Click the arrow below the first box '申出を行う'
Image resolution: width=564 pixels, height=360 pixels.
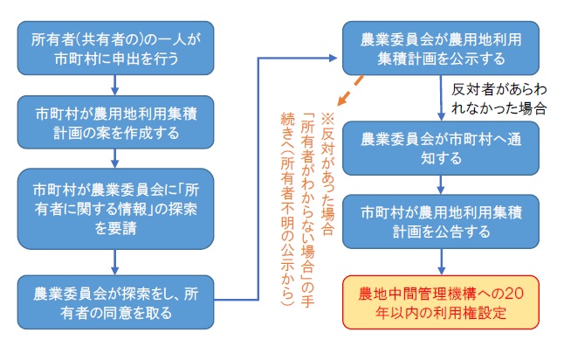click(114, 85)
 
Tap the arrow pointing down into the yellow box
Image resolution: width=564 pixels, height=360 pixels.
click(441, 260)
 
